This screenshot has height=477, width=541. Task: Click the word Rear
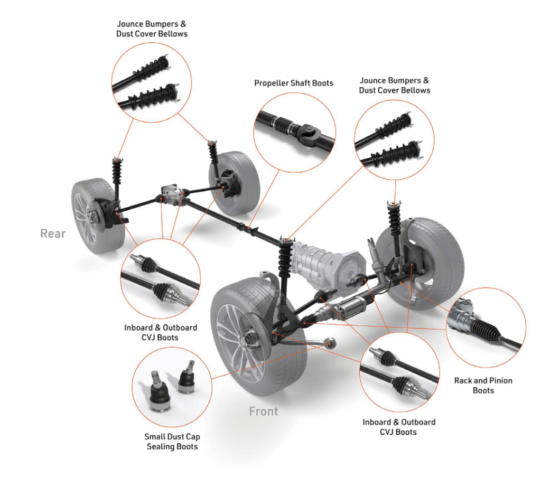click(53, 233)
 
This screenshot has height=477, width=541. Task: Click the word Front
click(264, 411)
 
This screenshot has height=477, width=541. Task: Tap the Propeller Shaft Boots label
click(294, 83)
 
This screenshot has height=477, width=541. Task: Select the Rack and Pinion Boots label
click(483, 385)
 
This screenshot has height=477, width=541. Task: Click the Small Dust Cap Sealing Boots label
click(172, 442)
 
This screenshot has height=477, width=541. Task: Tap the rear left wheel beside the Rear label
click(97, 216)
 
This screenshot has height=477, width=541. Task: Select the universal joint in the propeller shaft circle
click(309, 135)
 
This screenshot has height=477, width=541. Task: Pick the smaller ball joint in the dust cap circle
click(186, 378)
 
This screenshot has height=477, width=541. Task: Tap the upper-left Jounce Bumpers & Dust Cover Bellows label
click(152, 29)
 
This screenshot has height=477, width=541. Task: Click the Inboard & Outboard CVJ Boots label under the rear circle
click(161, 332)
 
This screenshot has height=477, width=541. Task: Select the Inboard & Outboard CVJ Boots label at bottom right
click(399, 427)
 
